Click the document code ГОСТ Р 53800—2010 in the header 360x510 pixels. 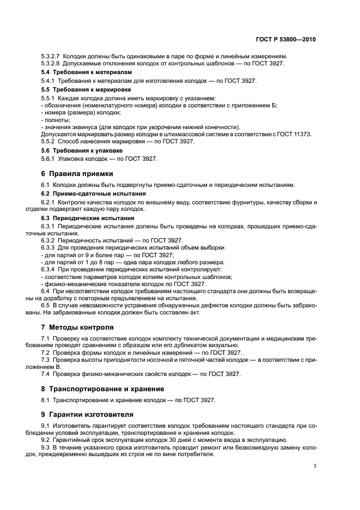[x=286, y=40]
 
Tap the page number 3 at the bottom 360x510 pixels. [x=315, y=466]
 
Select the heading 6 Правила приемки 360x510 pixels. [x=77, y=174]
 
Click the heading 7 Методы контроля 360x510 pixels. [x=77, y=327]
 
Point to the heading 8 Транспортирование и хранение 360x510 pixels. [x=107, y=388]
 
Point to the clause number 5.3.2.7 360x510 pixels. [x=52, y=56]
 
